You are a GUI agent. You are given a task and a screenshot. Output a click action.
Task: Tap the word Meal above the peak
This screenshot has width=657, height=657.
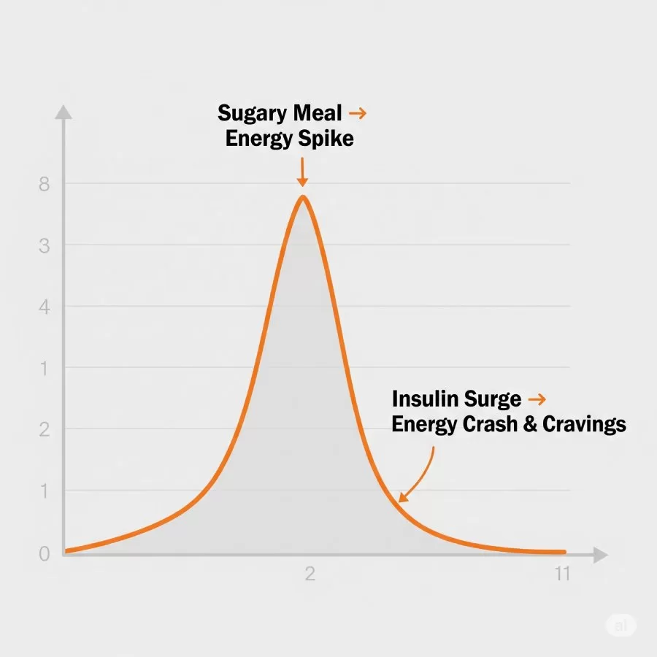pyautogui.click(x=317, y=113)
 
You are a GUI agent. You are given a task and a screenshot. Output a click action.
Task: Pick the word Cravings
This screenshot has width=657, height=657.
pyautogui.click(x=585, y=424)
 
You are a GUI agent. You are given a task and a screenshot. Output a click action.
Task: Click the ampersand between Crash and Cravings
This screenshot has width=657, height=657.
pyautogui.click(x=531, y=424)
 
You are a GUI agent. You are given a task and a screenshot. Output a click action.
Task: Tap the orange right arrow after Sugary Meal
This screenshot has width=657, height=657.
pyautogui.click(x=357, y=113)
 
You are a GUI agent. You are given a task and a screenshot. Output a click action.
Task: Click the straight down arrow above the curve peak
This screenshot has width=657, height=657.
pyautogui.click(x=302, y=173)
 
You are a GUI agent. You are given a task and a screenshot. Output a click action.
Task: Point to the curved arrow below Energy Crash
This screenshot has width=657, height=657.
pyautogui.click(x=419, y=474)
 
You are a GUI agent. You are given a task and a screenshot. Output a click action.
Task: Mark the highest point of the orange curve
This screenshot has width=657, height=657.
pyautogui.click(x=302, y=196)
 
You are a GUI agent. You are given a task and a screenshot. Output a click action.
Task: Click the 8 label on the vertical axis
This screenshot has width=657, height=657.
pyautogui.click(x=44, y=185)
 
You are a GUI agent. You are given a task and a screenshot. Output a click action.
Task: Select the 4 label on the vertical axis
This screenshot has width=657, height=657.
pyautogui.click(x=44, y=307)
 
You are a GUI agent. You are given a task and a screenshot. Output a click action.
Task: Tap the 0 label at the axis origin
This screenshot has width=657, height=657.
pyautogui.click(x=44, y=554)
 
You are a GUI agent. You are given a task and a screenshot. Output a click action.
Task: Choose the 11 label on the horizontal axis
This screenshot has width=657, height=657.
pyautogui.click(x=561, y=574)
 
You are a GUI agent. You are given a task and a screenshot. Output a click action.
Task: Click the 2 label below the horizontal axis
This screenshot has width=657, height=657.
pyautogui.click(x=310, y=574)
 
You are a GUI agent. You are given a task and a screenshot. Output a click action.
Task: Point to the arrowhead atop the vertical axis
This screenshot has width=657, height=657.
pyautogui.click(x=64, y=112)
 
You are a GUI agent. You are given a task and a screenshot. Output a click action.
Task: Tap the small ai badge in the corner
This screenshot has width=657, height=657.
pyautogui.click(x=620, y=626)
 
